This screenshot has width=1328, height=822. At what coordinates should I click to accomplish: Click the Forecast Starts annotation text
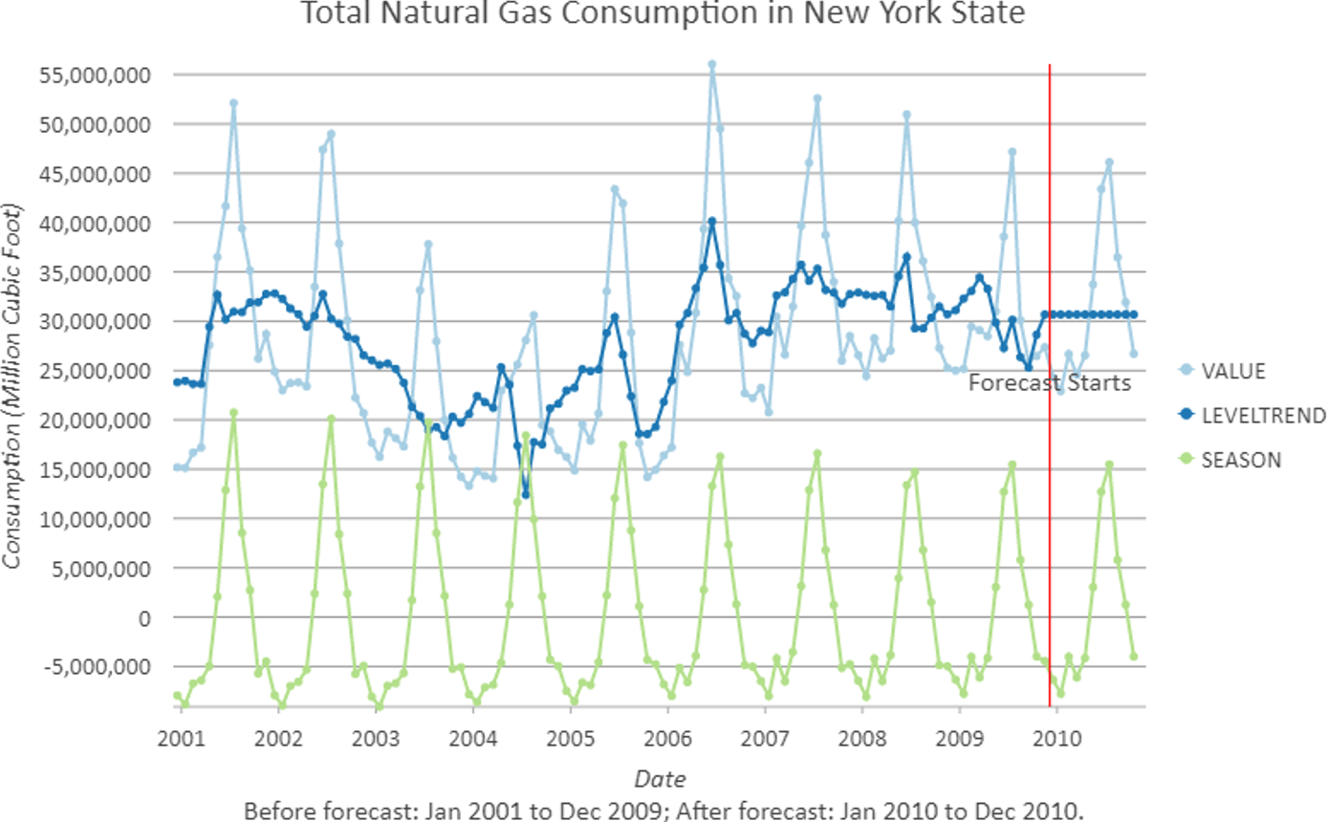click(x=1050, y=383)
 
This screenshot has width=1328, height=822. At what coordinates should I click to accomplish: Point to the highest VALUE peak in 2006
click(x=711, y=65)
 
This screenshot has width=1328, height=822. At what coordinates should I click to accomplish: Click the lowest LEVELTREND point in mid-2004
click(x=525, y=494)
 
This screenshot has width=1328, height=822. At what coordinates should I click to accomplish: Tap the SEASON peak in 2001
click(x=233, y=413)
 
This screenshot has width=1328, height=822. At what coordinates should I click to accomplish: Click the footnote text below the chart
click(x=664, y=811)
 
